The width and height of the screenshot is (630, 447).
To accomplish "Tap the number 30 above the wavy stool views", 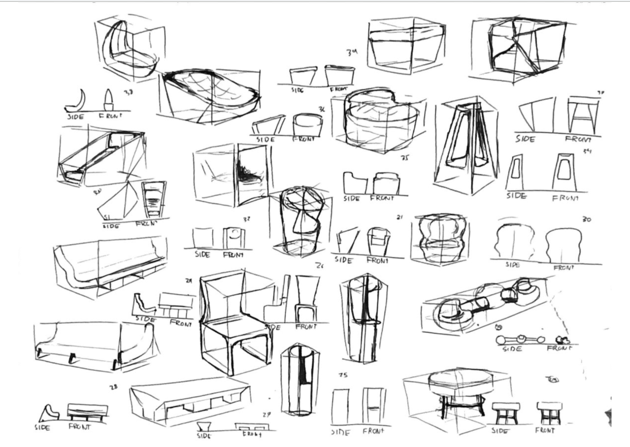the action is pos(586,219).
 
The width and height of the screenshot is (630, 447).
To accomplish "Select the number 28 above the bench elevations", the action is pos(113,387).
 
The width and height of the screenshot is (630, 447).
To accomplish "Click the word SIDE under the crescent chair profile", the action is pos(76,117).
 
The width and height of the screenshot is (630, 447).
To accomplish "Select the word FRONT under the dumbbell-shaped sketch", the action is pos(559,348).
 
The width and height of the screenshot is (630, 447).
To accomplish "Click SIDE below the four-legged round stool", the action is pos(500,431).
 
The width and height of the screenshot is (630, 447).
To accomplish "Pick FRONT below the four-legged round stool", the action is pos(545,430).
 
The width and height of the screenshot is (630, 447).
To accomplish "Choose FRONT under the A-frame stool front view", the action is pos(578,139).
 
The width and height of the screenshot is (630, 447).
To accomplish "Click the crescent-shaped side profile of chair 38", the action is pos(80,100).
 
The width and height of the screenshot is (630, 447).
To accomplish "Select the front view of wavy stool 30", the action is pos(564,244).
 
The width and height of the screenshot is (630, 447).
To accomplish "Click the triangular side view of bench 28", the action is pos(48,413).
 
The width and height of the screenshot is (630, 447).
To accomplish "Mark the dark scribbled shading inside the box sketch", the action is pos(248,173).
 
